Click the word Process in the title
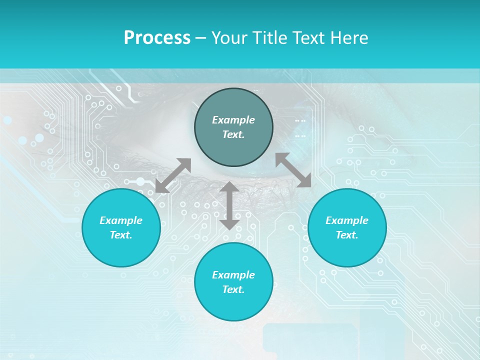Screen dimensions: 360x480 (x=157, y=38)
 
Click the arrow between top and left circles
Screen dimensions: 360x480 (x=173, y=175)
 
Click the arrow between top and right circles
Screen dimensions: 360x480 (x=293, y=170)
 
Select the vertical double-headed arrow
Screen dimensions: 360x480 (x=229, y=205)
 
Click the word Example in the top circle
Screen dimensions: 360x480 (x=233, y=120)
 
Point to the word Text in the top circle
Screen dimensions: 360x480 (x=233, y=134)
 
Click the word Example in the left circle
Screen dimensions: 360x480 (x=121, y=220)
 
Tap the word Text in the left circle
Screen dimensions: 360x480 (x=121, y=235)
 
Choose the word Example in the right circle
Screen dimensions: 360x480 (x=347, y=220)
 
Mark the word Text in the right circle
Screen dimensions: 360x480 (x=347, y=235)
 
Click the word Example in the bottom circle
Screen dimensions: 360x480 (x=233, y=275)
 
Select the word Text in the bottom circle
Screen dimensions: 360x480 (x=233, y=289)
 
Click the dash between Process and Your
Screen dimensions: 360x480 (x=200, y=38)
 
